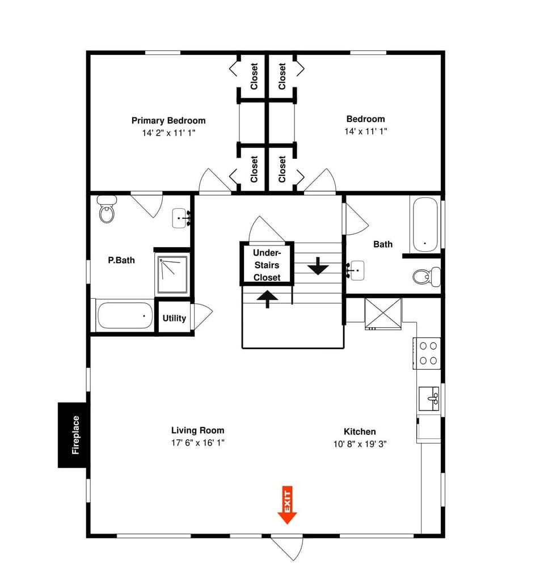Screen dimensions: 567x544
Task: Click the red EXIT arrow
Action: tap(288, 505)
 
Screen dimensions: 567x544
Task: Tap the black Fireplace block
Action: tap(73, 435)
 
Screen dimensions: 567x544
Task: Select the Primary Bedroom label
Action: tap(168, 120)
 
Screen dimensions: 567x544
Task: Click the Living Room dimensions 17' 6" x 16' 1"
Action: tap(198, 443)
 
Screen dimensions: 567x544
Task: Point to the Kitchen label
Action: tap(360, 431)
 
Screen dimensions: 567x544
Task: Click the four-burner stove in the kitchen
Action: tap(427, 352)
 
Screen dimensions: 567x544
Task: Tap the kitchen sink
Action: tap(428, 399)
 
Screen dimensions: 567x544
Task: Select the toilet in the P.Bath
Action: tap(107, 209)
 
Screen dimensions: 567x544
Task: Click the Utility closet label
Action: tap(174, 318)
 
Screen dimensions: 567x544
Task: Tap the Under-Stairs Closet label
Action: tap(267, 265)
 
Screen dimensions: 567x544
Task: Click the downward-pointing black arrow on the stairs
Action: tap(318, 265)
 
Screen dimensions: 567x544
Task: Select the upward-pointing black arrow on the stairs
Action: tap(267, 298)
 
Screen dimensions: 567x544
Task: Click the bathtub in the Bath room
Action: tap(425, 224)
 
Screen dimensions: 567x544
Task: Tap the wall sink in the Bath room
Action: tap(356, 270)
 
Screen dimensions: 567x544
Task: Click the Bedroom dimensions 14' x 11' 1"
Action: tap(365, 131)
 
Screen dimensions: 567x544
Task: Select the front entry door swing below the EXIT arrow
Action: tap(287, 547)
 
